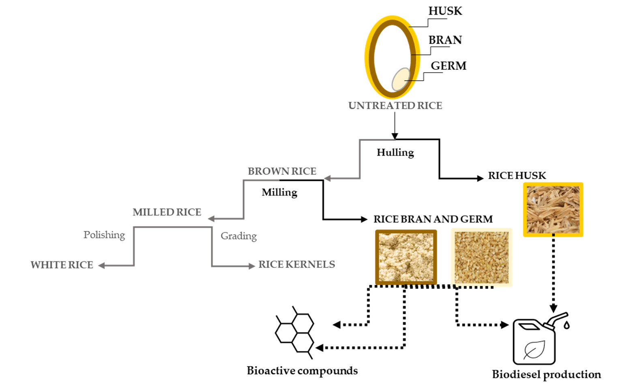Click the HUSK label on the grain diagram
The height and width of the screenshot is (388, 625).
click(x=445, y=11)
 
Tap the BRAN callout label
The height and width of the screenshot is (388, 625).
click(x=445, y=40)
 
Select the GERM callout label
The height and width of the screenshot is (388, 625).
click(x=449, y=66)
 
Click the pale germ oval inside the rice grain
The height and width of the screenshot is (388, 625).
click(x=401, y=79)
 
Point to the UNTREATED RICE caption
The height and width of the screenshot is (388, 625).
click(x=395, y=106)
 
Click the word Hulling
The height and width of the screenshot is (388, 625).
click(x=395, y=153)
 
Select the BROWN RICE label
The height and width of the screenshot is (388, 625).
click(x=282, y=171)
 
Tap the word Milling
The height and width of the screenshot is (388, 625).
click(x=279, y=193)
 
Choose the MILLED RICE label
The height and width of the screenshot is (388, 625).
click(x=167, y=212)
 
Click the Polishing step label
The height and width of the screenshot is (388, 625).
click(x=104, y=235)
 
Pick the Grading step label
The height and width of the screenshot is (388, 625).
click(x=238, y=236)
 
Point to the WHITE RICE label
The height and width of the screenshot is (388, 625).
click(x=62, y=265)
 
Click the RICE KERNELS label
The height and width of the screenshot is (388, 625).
click(x=296, y=264)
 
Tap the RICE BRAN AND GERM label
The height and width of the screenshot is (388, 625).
click(x=433, y=219)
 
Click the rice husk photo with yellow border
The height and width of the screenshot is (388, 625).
click(x=553, y=210)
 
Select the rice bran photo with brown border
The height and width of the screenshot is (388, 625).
click(x=406, y=257)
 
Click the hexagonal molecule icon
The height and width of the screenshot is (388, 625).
click(x=294, y=332)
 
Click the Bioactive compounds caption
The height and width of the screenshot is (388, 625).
click(x=302, y=371)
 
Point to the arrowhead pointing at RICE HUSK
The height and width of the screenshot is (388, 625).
click(x=480, y=178)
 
